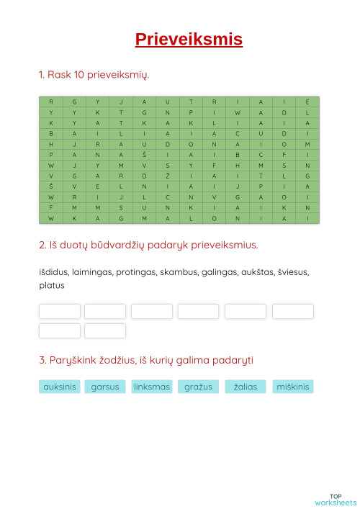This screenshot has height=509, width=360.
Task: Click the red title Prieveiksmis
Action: point(189,40)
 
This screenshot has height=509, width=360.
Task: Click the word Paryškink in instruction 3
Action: point(72,360)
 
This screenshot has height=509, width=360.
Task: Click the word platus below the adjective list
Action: point(52,285)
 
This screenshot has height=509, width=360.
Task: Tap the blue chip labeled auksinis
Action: point(59,387)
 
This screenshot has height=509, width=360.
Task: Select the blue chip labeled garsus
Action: point(105,387)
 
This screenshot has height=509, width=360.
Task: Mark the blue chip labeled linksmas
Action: point(152,387)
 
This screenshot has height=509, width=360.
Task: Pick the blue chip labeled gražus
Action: point(198,387)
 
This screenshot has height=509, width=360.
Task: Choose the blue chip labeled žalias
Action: point(246,387)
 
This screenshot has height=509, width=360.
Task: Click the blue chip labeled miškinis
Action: point(292,387)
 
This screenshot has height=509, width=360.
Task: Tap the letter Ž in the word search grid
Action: point(167,176)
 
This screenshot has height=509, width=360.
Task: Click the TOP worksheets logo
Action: point(336,499)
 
